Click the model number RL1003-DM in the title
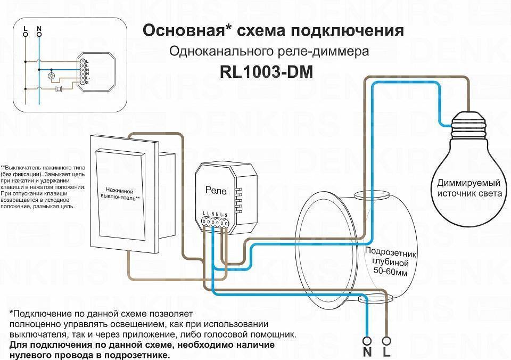tap(266, 72)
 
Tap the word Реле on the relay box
tap(216, 190)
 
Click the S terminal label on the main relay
tap(226, 214)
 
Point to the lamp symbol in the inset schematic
tap(52, 76)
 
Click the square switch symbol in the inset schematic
tap(59, 89)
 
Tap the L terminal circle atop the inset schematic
tap(25, 33)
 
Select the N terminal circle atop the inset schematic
tap(39, 33)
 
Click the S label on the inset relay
tap(87, 83)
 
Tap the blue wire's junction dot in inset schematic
tap(39, 68)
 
